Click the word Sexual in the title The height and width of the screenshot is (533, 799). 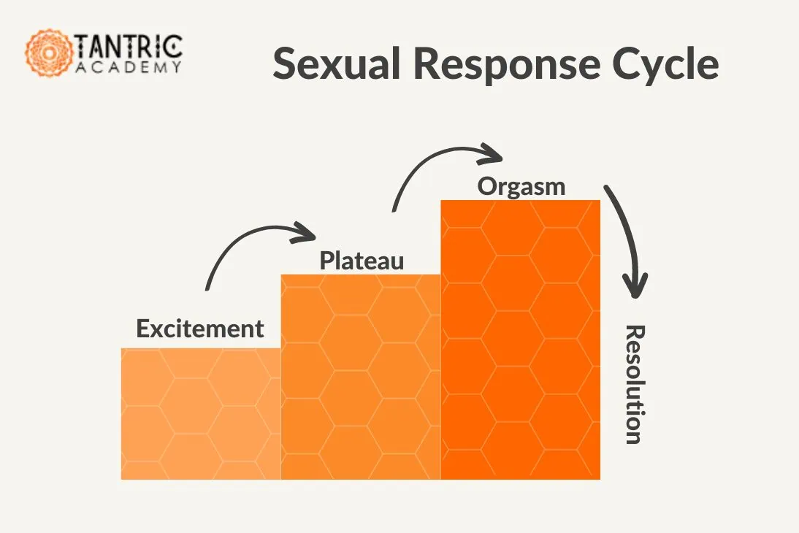(x=337, y=64)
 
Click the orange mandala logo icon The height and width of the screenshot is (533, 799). (x=49, y=53)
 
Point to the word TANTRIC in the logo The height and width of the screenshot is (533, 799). (x=128, y=47)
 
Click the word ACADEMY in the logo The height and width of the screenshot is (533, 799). (x=129, y=67)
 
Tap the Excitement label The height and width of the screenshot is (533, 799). (x=200, y=329)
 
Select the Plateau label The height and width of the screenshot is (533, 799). (x=362, y=261)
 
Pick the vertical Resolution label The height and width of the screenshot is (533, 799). (x=635, y=384)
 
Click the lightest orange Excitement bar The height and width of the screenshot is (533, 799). (x=201, y=414)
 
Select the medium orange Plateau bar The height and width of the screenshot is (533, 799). (x=361, y=377)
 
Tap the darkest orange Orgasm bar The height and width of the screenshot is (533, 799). (x=520, y=340)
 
